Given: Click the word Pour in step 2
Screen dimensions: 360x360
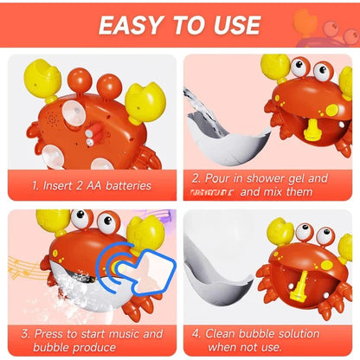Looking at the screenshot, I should click(x=218, y=178).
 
